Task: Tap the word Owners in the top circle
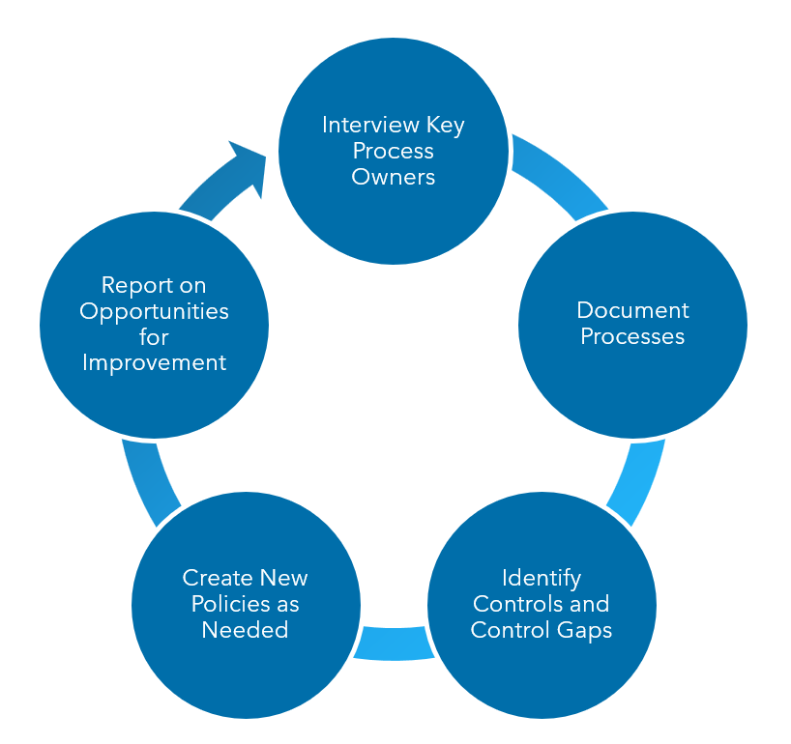pyautogui.click(x=393, y=177)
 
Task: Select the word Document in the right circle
pyautogui.click(x=632, y=310)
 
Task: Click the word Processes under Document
pyautogui.click(x=632, y=336)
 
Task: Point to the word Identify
pyautogui.click(x=541, y=578)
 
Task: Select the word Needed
pyautogui.click(x=245, y=630)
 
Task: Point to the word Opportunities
pyautogui.click(x=154, y=311)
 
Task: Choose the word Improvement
pyautogui.click(x=154, y=362)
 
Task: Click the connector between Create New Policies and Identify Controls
pyautogui.click(x=393, y=644)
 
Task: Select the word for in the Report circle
pyautogui.click(x=154, y=337)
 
